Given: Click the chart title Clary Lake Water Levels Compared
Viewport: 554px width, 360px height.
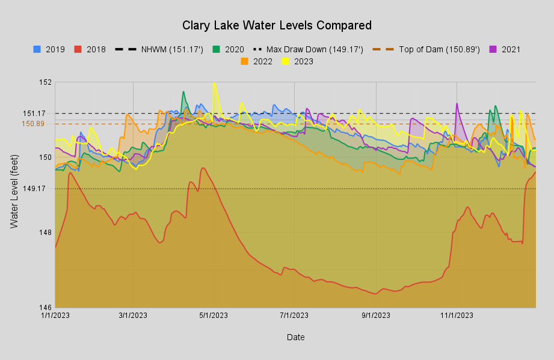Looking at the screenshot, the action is point(277,25).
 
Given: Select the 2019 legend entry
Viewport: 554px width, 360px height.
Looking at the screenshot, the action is point(49,49).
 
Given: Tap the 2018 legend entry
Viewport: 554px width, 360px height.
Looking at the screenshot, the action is point(90,49).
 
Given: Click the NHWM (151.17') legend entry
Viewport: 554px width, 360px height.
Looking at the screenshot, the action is point(159,49).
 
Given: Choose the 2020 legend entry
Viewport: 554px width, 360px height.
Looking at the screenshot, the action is point(228,49).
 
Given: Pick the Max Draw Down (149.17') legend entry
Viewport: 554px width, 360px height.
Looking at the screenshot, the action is point(309,49).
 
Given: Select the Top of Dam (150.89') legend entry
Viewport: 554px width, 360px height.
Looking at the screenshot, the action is point(426,49).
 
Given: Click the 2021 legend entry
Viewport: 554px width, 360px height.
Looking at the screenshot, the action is point(505,49).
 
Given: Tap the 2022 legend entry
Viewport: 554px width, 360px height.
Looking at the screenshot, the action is point(256,61).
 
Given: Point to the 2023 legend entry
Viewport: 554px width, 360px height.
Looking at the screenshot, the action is point(298,61).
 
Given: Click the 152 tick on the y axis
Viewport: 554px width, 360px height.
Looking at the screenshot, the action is point(45,82).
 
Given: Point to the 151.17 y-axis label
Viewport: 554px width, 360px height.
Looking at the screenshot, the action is point(34,114).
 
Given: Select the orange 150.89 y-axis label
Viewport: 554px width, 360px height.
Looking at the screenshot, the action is point(33,124).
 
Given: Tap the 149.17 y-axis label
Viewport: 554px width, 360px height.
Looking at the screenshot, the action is point(34,189).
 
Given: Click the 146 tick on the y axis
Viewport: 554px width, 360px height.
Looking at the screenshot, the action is point(45,308).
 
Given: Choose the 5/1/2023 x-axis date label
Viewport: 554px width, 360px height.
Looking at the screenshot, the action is point(214,316).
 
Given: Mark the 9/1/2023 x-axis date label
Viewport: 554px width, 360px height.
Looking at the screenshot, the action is point(376,316).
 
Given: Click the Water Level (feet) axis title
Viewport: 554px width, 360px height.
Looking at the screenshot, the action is point(14,192).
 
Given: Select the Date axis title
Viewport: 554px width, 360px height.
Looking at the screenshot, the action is point(296,337).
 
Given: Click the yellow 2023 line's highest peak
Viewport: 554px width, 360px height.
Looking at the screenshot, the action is point(214,83).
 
